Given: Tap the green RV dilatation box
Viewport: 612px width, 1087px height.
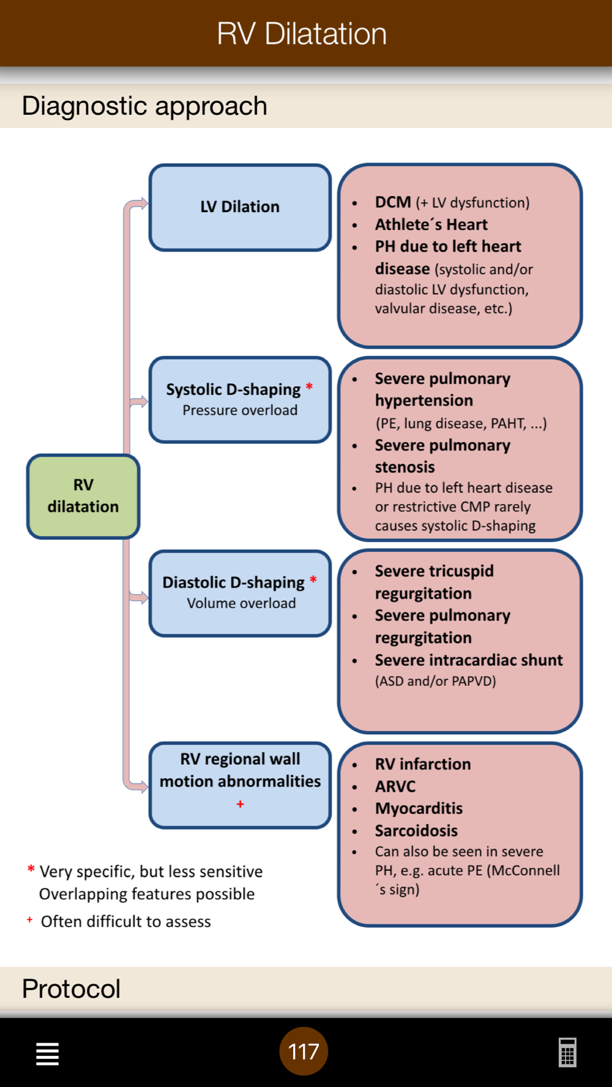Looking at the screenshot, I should pyautogui.click(x=83, y=496).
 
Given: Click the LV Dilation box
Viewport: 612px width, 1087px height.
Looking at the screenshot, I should pyautogui.click(x=240, y=207).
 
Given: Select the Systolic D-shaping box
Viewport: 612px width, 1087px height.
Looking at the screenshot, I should pyautogui.click(x=240, y=400).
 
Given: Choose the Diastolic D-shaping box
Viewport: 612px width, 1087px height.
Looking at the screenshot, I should pyautogui.click(x=240, y=593).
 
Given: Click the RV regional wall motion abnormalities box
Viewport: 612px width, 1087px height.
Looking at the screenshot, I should pyautogui.click(x=240, y=785).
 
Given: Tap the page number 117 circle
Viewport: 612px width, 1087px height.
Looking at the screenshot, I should pyautogui.click(x=304, y=1052).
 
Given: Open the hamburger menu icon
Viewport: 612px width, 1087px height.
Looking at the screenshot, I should pyautogui.click(x=47, y=1053).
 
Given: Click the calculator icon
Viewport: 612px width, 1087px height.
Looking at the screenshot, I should pyautogui.click(x=567, y=1053).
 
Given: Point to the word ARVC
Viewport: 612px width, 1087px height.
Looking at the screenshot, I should pyautogui.click(x=395, y=786).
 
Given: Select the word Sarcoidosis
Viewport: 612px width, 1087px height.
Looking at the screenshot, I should pyautogui.click(x=416, y=831).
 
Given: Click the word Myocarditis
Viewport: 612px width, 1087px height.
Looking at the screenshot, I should pyautogui.click(x=419, y=808).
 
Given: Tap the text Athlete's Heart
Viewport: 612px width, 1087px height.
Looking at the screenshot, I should pyautogui.click(x=431, y=224).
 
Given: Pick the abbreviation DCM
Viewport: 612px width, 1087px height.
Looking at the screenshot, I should pyautogui.click(x=393, y=202).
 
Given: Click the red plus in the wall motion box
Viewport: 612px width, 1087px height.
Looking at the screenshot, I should pyautogui.click(x=241, y=804).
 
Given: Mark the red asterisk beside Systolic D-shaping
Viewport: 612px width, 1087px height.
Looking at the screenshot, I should pyautogui.click(x=309, y=386).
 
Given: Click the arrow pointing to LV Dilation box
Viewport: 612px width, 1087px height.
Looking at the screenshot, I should pyautogui.click(x=141, y=204).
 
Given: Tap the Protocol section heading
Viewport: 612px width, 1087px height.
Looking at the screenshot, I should pyautogui.click(x=71, y=989).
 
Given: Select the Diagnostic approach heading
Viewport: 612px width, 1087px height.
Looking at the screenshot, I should pyautogui.click(x=144, y=106).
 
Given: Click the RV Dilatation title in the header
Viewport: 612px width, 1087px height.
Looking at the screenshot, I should pyautogui.click(x=302, y=34).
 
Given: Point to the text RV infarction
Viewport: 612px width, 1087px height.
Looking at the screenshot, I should pyautogui.click(x=423, y=764).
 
